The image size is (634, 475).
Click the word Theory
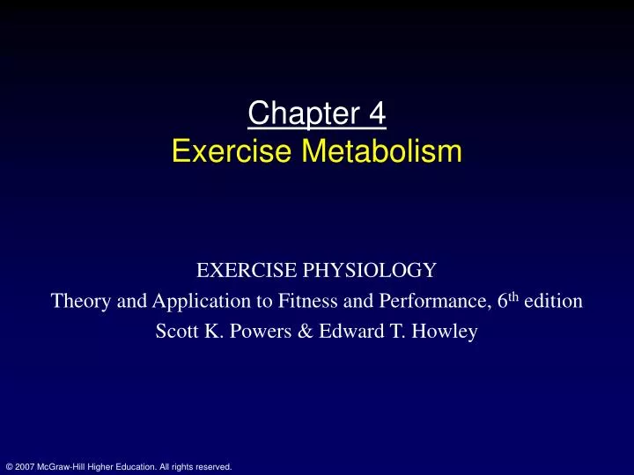coord(78,302)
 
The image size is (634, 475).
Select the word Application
coord(181,303)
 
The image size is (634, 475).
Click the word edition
coord(553,302)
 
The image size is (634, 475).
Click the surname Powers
coord(252,332)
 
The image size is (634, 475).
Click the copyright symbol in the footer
coord(9,467)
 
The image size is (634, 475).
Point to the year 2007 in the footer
coord(25,467)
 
